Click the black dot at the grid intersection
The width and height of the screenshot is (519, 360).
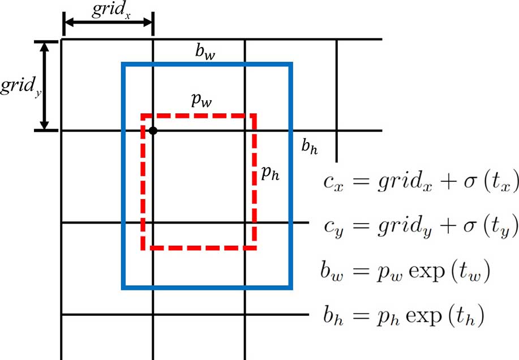click(x=153, y=131)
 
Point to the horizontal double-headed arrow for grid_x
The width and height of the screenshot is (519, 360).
click(x=108, y=23)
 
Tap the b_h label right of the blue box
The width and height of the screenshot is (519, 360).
click(x=309, y=148)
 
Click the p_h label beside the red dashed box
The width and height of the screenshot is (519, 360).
click(x=270, y=174)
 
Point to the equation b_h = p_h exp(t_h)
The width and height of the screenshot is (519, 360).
click(x=403, y=316)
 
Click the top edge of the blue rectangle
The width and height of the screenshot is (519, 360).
click(x=207, y=65)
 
